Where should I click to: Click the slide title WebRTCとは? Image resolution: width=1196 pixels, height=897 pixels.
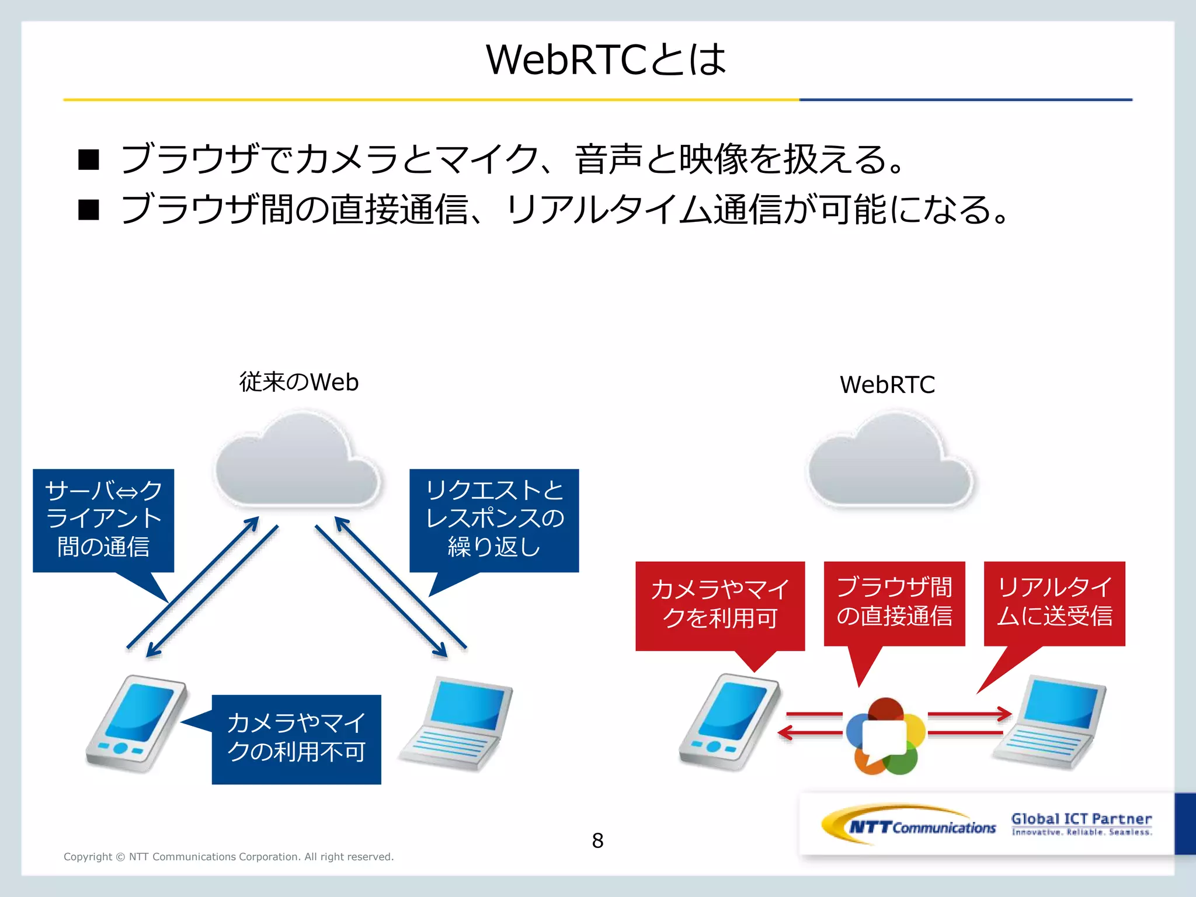(x=606, y=60)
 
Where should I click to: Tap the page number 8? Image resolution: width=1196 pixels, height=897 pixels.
(x=597, y=840)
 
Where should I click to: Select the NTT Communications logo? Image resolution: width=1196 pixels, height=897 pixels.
(x=909, y=825)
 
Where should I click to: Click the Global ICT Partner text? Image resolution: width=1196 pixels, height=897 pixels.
(x=1082, y=819)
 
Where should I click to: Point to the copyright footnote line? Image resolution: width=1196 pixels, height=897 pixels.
(x=228, y=857)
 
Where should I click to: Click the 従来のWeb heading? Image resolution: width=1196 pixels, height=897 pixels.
(x=298, y=383)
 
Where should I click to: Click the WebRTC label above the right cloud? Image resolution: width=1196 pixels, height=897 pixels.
(x=887, y=385)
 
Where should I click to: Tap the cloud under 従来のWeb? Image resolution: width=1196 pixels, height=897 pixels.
(x=298, y=461)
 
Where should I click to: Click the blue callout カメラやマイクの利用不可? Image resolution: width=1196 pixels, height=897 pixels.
(x=296, y=739)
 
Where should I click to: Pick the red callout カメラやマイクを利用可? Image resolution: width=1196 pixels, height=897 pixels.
(x=719, y=605)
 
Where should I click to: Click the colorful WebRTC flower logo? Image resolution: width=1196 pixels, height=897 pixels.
(x=885, y=736)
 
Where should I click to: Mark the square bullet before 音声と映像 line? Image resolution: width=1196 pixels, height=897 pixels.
(x=89, y=159)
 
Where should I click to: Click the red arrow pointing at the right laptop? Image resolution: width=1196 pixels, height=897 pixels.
(x=969, y=714)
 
